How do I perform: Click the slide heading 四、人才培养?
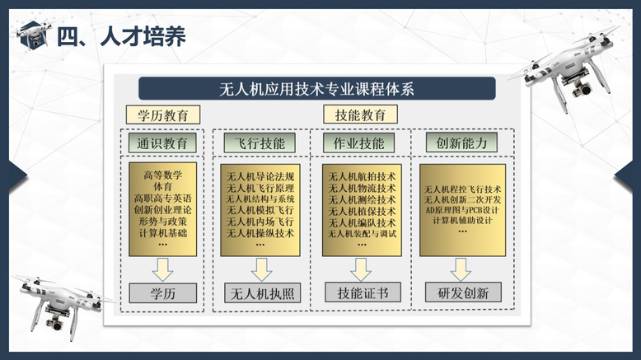tap(121, 36)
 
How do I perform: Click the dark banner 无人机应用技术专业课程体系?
tap(317, 88)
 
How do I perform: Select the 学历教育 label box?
tap(162, 115)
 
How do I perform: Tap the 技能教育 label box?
tap(360, 115)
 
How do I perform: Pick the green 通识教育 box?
tap(162, 143)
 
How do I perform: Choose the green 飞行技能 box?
tap(260, 143)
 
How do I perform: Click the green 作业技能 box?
tap(359, 143)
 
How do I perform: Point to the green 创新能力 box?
tap(461, 143)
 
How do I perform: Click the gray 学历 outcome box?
tap(162, 293)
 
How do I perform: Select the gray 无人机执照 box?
tap(263, 293)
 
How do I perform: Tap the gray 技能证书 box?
tap(363, 292)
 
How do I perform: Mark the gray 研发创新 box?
tap(463, 292)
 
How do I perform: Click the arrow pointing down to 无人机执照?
tap(261, 269)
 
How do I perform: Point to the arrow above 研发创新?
tap(461, 269)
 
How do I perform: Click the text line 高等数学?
tap(162, 175)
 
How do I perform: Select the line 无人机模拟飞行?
tap(260, 210)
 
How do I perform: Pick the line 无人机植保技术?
tap(362, 211)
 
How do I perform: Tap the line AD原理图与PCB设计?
tap(462, 210)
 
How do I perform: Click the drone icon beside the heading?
tap(34, 35)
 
